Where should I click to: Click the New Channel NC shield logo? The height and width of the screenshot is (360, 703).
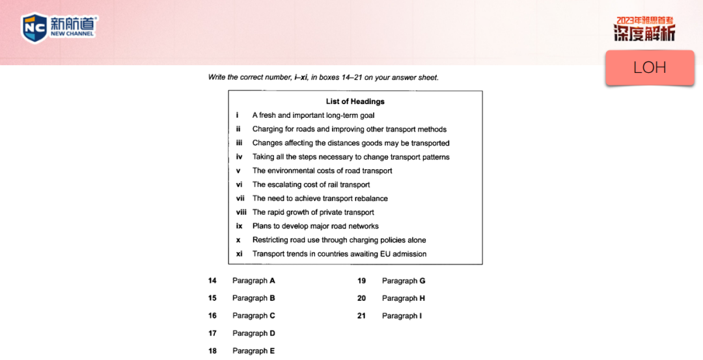tap(34, 28)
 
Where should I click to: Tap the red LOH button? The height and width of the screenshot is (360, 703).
tap(650, 68)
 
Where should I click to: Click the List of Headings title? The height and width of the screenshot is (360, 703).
tap(355, 102)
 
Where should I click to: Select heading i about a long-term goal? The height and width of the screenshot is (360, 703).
tap(313, 115)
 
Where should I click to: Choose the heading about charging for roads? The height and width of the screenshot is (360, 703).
tap(349, 129)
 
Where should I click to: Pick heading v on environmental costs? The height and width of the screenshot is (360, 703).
tap(322, 171)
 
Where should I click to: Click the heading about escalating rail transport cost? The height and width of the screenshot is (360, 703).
tap(311, 184)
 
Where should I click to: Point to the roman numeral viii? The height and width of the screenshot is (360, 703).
tap(240, 212)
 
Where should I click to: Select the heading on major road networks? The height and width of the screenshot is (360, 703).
tap(315, 226)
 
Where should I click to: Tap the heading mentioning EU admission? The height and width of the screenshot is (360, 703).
tap(339, 254)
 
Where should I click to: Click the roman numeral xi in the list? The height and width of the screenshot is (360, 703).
tap(239, 254)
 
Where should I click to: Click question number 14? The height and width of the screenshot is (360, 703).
tap(212, 281)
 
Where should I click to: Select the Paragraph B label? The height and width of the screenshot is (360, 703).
tap(253, 298)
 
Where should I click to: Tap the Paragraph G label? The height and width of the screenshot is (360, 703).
tap(404, 281)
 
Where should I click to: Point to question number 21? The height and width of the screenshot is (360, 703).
tap(361, 316)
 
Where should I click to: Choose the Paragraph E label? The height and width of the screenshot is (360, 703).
tap(253, 351)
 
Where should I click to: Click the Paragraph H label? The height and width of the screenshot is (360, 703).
tap(404, 298)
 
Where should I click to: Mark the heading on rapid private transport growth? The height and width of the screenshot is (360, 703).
tap(313, 212)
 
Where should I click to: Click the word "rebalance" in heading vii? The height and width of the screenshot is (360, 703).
tap(370, 199)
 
